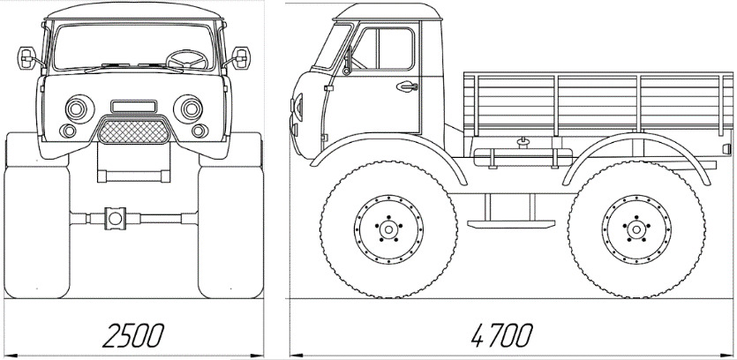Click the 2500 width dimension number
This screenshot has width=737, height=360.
click(x=133, y=335)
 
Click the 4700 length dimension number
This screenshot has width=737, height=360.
click(x=501, y=335)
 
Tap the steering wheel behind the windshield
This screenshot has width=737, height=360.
click(x=187, y=60)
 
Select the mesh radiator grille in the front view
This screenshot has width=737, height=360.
click(x=133, y=131)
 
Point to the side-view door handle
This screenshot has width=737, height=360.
click(x=407, y=86)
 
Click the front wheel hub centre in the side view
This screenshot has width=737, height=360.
click(x=388, y=229)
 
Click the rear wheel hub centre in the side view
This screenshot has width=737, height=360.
click(x=636, y=229)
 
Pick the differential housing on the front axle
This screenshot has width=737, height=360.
click(x=115, y=218)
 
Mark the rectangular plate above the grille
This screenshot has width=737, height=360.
click(x=134, y=106)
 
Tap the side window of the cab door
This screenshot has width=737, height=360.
click(x=383, y=49)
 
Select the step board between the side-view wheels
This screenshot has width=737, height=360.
click(x=511, y=224)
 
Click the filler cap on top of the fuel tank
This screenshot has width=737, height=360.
click(x=522, y=142)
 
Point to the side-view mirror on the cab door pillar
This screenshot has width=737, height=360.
click(x=348, y=61)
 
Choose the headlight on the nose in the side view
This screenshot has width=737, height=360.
click(x=297, y=107)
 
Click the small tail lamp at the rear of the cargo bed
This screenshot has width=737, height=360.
click(x=727, y=148)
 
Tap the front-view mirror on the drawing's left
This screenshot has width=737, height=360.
click(x=26, y=58)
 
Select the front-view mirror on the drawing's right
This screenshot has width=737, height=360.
click(x=241, y=58)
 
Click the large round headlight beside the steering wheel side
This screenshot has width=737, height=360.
click(x=188, y=109)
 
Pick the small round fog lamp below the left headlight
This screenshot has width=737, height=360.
click(x=68, y=131)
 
